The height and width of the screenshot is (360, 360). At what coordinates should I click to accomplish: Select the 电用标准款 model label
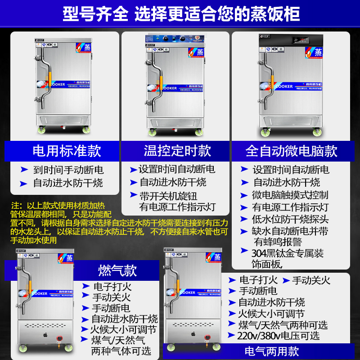(x=67, y=151)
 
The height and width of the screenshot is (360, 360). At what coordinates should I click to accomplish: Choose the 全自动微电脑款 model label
(x=292, y=151)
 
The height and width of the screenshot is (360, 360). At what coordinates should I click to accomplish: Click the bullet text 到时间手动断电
(x=68, y=170)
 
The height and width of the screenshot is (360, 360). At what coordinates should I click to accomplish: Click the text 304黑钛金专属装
(x=288, y=253)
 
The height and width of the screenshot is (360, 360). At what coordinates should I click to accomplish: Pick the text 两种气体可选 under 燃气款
(x=121, y=351)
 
